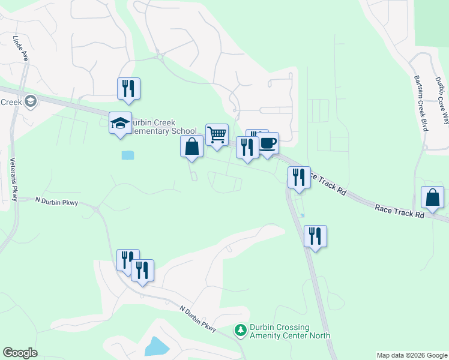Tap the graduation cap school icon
point(120,123)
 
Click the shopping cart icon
point(217,135)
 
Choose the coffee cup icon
point(268,143)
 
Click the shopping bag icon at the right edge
point(432,197)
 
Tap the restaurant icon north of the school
point(128,89)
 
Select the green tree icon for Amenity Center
point(241,331)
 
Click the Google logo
point(20,353)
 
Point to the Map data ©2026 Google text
point(411,355)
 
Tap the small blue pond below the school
point(127,155)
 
